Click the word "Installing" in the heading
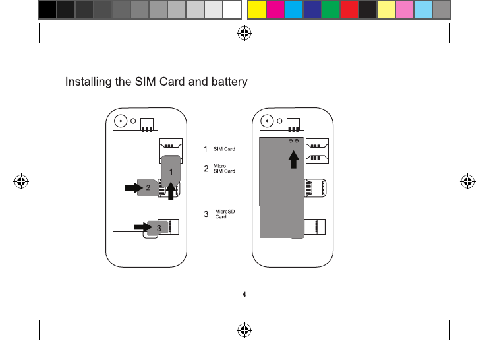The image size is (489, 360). pos(88,82)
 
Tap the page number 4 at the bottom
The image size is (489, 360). pos(244,293)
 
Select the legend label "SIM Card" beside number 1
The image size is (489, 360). pos(224,149)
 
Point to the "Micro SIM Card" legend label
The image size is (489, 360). pos(224,169)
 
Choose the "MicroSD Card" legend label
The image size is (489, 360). pos(225,214)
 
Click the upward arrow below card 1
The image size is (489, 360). pos(171,191)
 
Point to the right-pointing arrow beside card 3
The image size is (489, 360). pos(142,227)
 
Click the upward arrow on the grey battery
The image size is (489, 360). pos(295,159)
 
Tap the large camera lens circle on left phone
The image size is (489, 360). pos(120,121)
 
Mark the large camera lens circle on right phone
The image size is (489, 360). pos(267,121)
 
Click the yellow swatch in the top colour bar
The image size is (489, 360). pos(256,9)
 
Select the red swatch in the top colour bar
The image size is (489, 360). pos(349,9)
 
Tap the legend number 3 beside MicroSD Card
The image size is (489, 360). pos(206,214)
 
